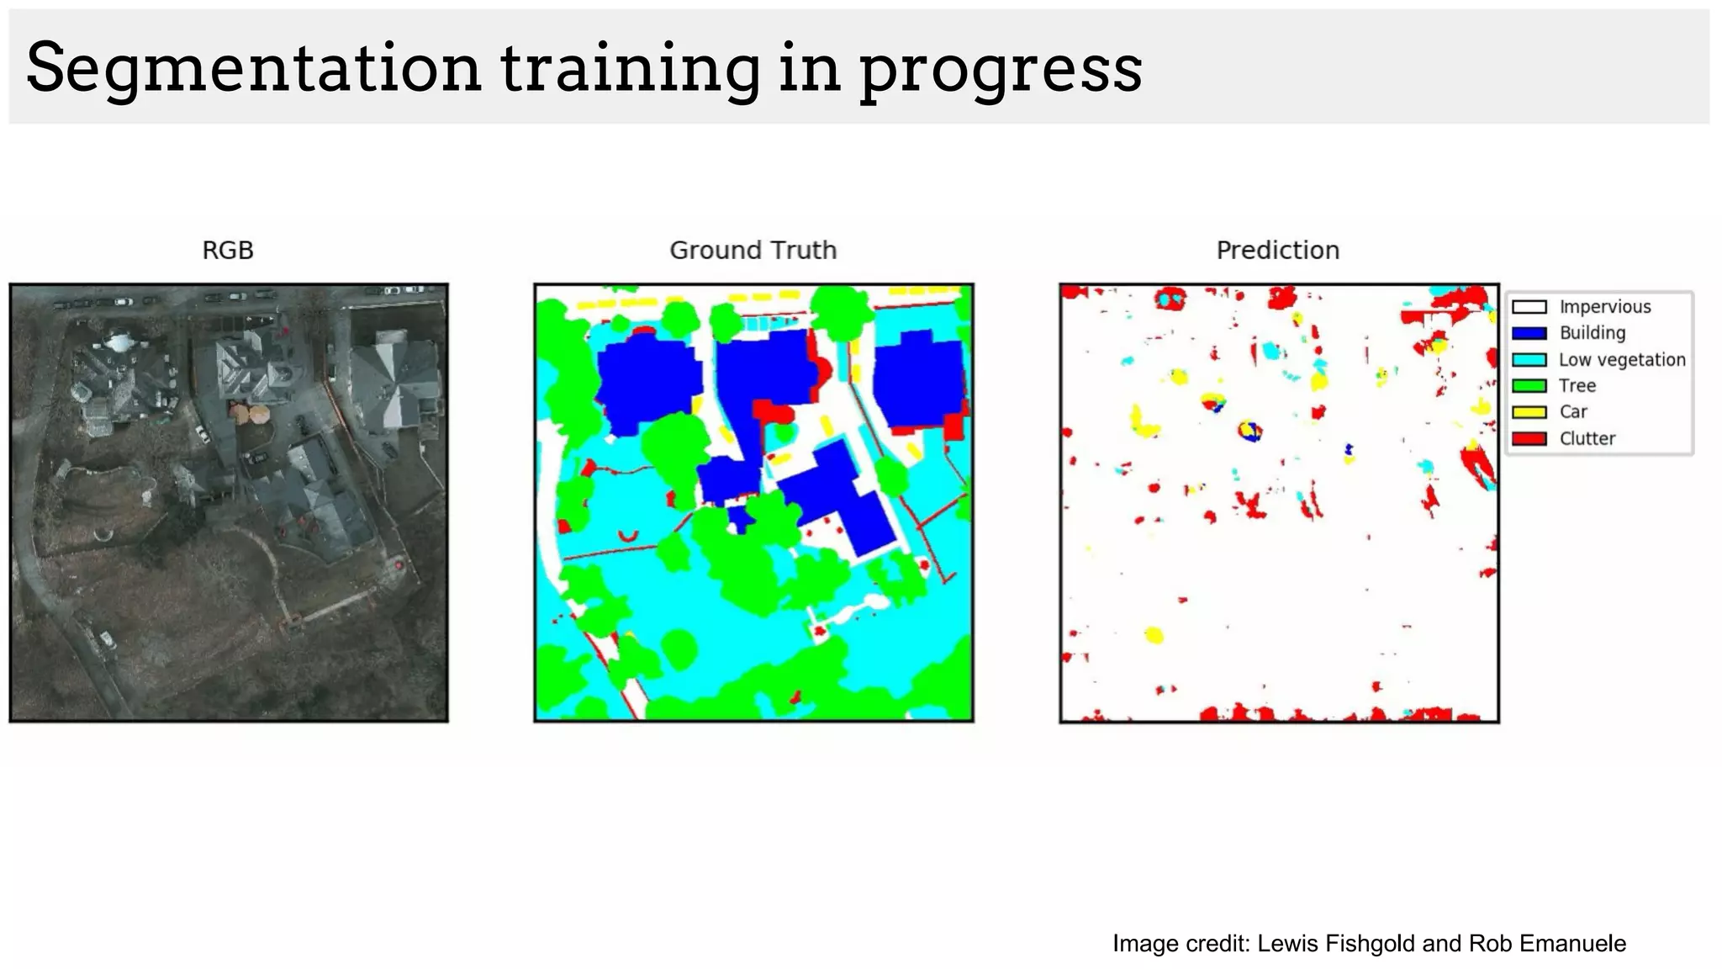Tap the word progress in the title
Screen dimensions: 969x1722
[x=1000, y=69]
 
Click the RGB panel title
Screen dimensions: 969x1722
[x=228, y=250]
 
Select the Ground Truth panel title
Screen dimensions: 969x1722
[x=753, y=250]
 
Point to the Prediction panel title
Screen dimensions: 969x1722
[x=1277, y=250]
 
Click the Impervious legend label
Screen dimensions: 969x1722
[x=1604, y=307]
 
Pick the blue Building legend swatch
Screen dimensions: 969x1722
[x=1529, y=333]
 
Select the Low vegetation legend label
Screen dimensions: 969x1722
[x=1621, y=359]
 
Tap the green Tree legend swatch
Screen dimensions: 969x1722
[x=1529, y=386]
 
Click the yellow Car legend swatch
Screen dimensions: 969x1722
[x=1529, y=412]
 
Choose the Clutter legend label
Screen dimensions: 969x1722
[x=1587, y=438]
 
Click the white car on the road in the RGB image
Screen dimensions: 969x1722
[x=107, y=640]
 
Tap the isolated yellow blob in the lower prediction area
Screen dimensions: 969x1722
[x=1154, y=634]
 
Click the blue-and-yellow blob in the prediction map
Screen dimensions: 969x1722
[x=1249, y=432]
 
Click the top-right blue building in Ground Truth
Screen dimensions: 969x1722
[x=918, y=379]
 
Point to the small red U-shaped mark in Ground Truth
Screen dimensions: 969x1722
[x=627, y=536]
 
